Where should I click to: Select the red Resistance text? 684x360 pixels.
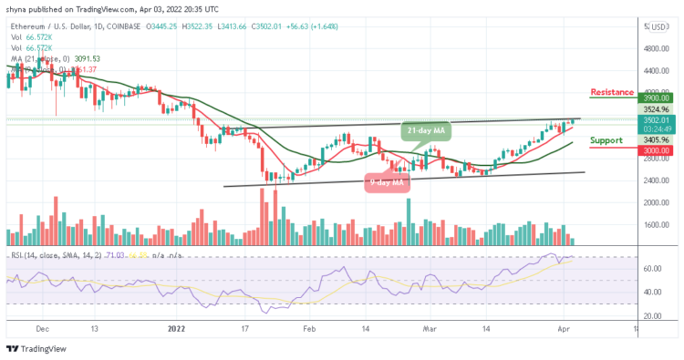613,92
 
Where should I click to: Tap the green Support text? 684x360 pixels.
607,140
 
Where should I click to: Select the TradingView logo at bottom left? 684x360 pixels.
37,350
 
